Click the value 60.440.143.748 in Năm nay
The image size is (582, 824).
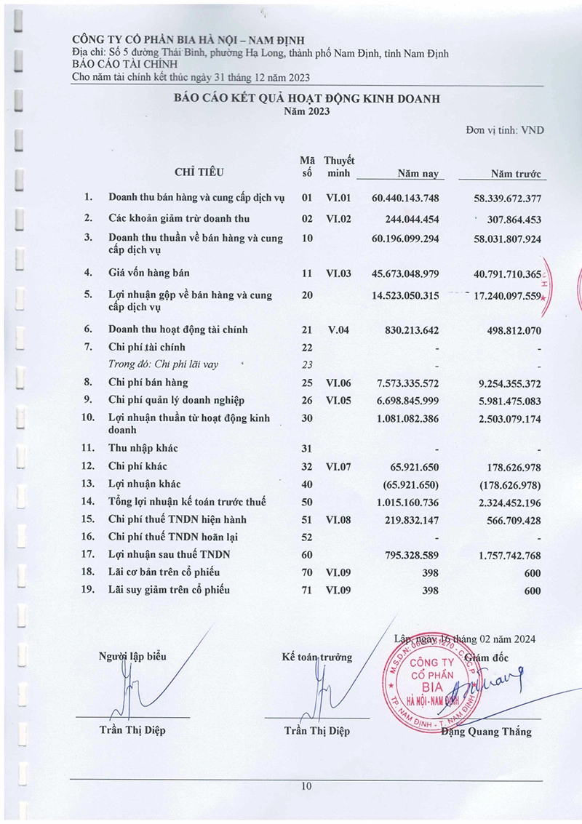pos(405,198)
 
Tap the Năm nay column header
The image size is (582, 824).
pos(417,174)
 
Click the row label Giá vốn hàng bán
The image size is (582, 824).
pos(149,273)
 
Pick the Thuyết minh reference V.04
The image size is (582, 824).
pos(338,329)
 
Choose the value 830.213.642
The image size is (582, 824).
pos(411,329)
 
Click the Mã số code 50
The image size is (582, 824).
pos(307,502)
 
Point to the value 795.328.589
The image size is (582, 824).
pos(411,555)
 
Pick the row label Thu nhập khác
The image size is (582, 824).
pos(143,449)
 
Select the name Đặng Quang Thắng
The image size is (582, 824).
pos(487,732)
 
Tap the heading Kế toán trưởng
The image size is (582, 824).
pos(316,657)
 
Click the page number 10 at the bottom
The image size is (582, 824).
pos(306,786)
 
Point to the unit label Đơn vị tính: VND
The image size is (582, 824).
pos(505,129)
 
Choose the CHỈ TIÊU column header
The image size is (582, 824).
pos(199,173)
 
